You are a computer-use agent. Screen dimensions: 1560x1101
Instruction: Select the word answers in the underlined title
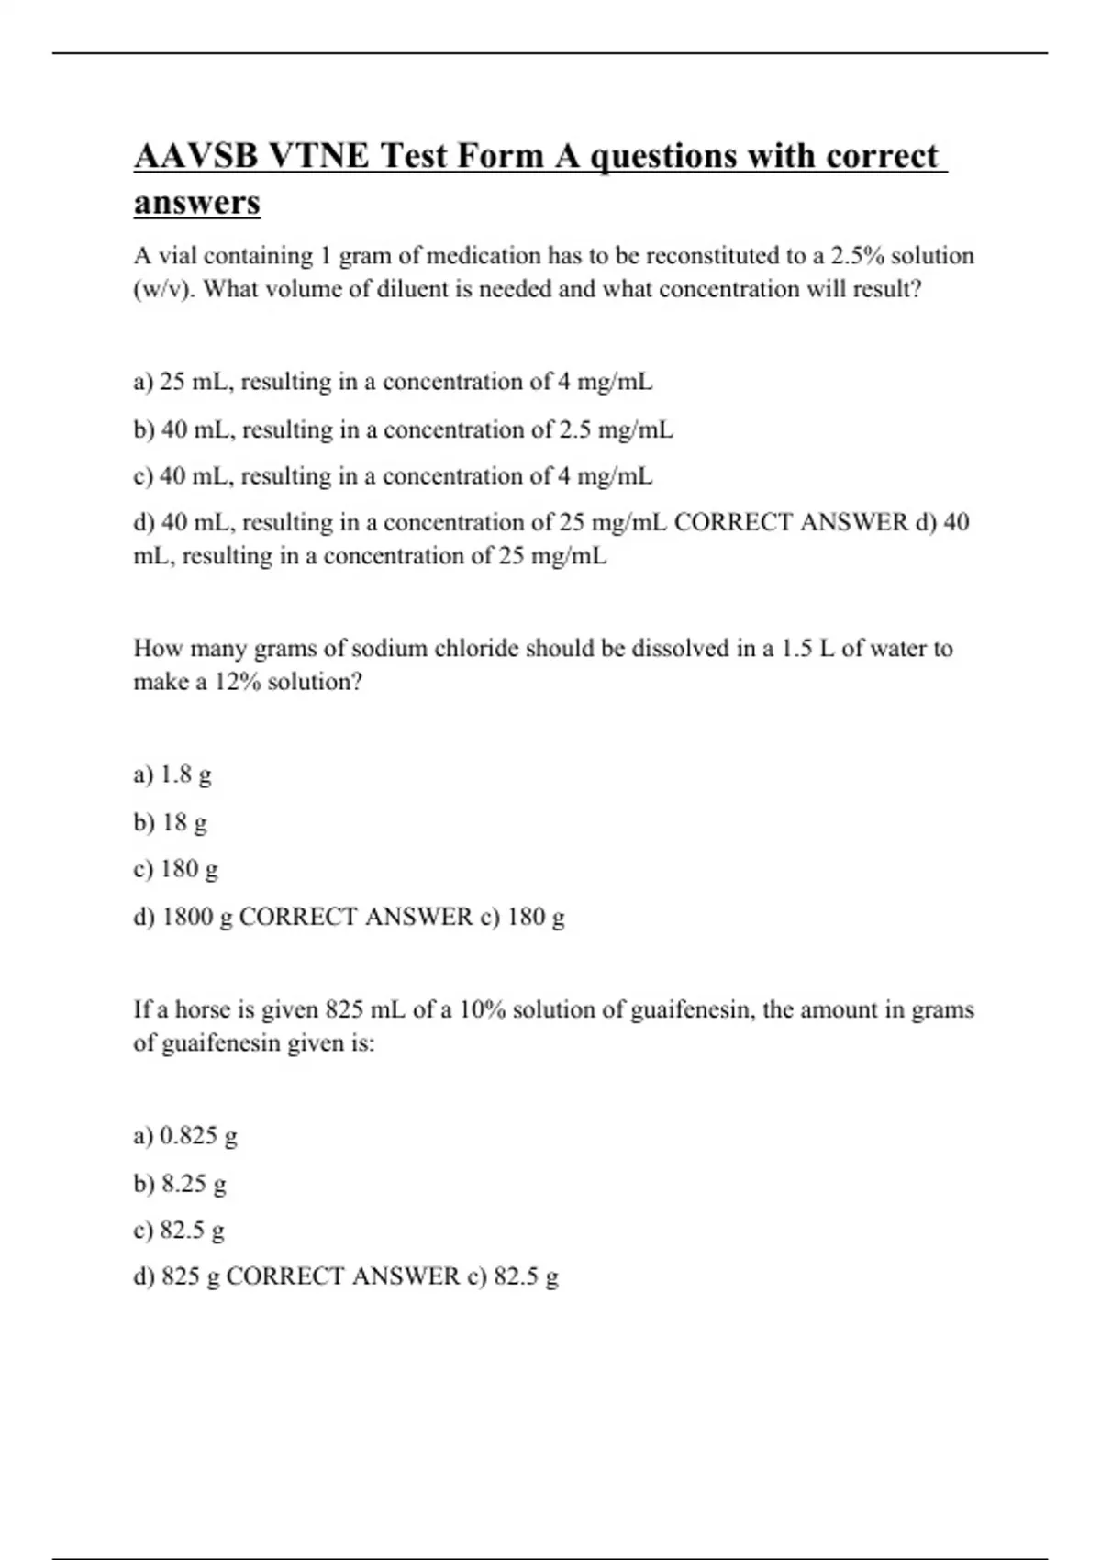[196, 202]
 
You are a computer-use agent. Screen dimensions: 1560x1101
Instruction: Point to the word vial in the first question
[179, 255]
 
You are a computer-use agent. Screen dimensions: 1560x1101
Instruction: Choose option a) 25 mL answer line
[393, 382]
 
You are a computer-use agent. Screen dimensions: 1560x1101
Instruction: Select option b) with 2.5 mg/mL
[403, 429]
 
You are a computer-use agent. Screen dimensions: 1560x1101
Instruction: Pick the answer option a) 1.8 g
[172, 775]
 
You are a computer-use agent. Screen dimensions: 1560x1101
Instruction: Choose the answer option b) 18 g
[171, 822]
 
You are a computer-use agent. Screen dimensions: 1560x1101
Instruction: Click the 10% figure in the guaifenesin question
[482, 1010]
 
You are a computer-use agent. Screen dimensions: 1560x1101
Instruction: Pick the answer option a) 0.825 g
[185, 1136]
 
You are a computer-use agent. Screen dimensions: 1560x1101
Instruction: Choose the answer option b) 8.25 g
[180, 1184]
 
